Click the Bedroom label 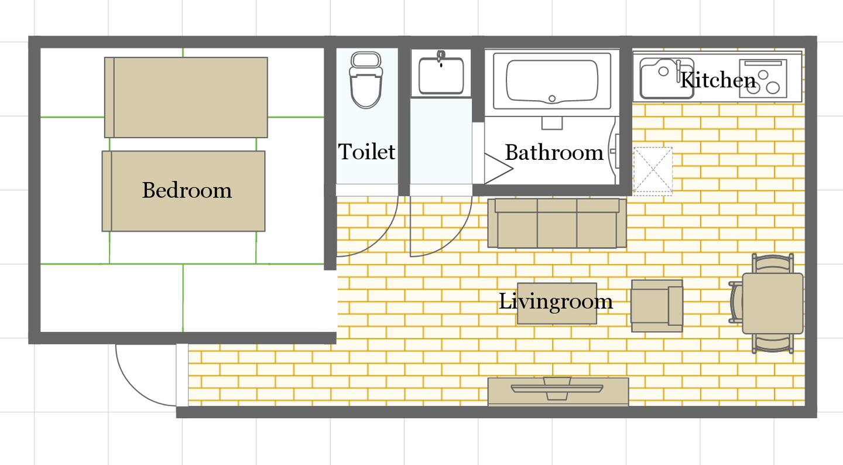187,190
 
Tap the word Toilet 366,151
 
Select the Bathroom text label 554,152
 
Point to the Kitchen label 718,80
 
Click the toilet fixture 366,80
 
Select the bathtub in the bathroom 551,81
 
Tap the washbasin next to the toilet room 441,74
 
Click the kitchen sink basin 666,78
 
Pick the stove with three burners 763,78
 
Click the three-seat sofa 557,223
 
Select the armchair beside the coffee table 657,306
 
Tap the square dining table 773,303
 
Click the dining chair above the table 773,263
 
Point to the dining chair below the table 773,343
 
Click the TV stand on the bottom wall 558,392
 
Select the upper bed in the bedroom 186,97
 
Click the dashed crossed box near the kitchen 653,172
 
